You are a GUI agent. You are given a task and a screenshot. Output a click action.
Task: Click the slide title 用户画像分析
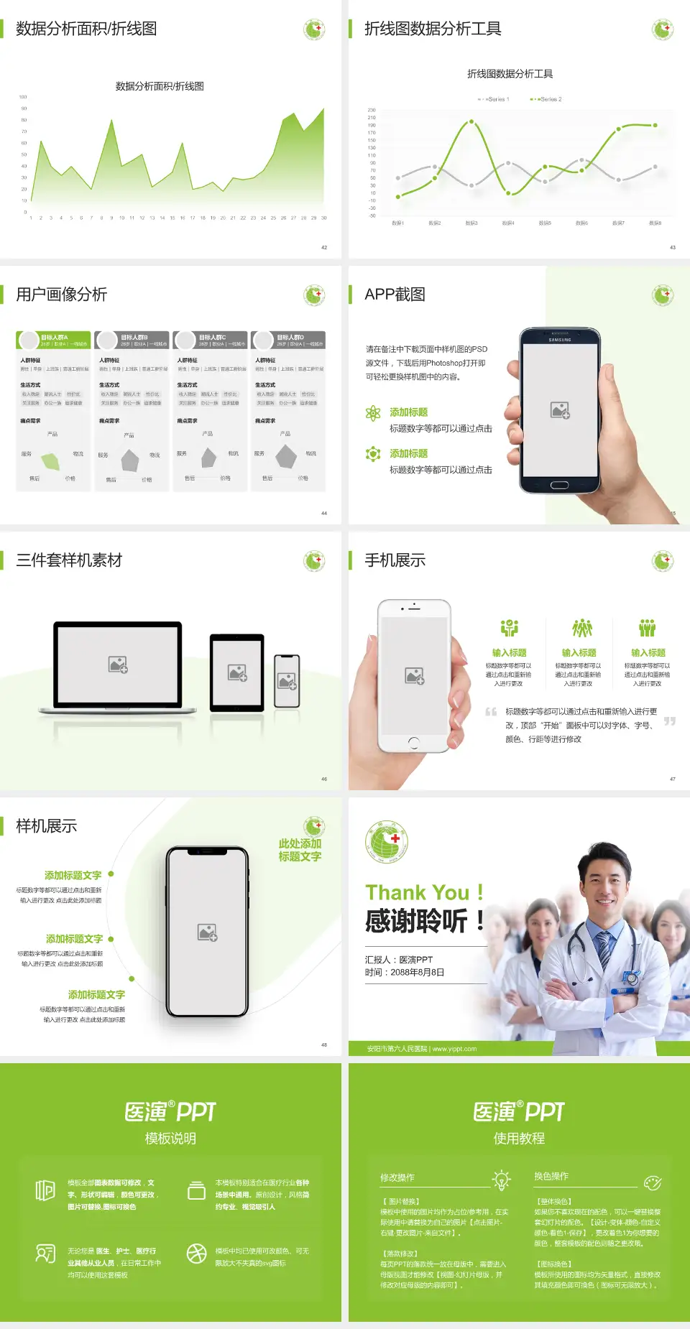[x=62, y=295]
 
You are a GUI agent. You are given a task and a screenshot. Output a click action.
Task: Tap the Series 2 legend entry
[x=548, y=99]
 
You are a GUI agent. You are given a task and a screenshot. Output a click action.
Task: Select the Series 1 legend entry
[x=494, y=99]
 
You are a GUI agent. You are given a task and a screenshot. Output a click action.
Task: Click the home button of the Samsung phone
[x=559, y=485]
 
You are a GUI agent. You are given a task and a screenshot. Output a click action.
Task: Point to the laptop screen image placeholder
[x=118, y=664]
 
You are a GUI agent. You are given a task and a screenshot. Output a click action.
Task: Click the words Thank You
[x=417, y=893]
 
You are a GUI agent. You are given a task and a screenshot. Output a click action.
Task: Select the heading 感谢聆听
[x=416, y=921]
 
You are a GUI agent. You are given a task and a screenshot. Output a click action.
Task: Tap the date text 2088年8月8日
[x=418, y=973]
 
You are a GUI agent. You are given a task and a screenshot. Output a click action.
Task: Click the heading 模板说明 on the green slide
[x=170, y=1139]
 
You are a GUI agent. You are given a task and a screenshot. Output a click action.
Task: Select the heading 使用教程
[x=519, y=1139]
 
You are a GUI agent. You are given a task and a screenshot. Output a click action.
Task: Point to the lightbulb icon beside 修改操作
[x=501, y=1180]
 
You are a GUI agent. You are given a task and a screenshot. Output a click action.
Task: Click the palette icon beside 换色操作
[x=653, y=1182]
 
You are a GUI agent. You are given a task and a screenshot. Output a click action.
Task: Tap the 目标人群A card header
[x=54, y=340]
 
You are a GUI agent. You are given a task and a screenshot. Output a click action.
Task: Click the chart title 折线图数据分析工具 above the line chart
[x=510, y=74]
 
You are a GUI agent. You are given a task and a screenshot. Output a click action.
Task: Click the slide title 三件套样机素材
[x=69, y=560]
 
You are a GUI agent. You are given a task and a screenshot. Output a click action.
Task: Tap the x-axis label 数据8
[x=655, y=223]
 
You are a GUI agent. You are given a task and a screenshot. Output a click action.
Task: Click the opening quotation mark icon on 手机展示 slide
[x=491, y=713]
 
